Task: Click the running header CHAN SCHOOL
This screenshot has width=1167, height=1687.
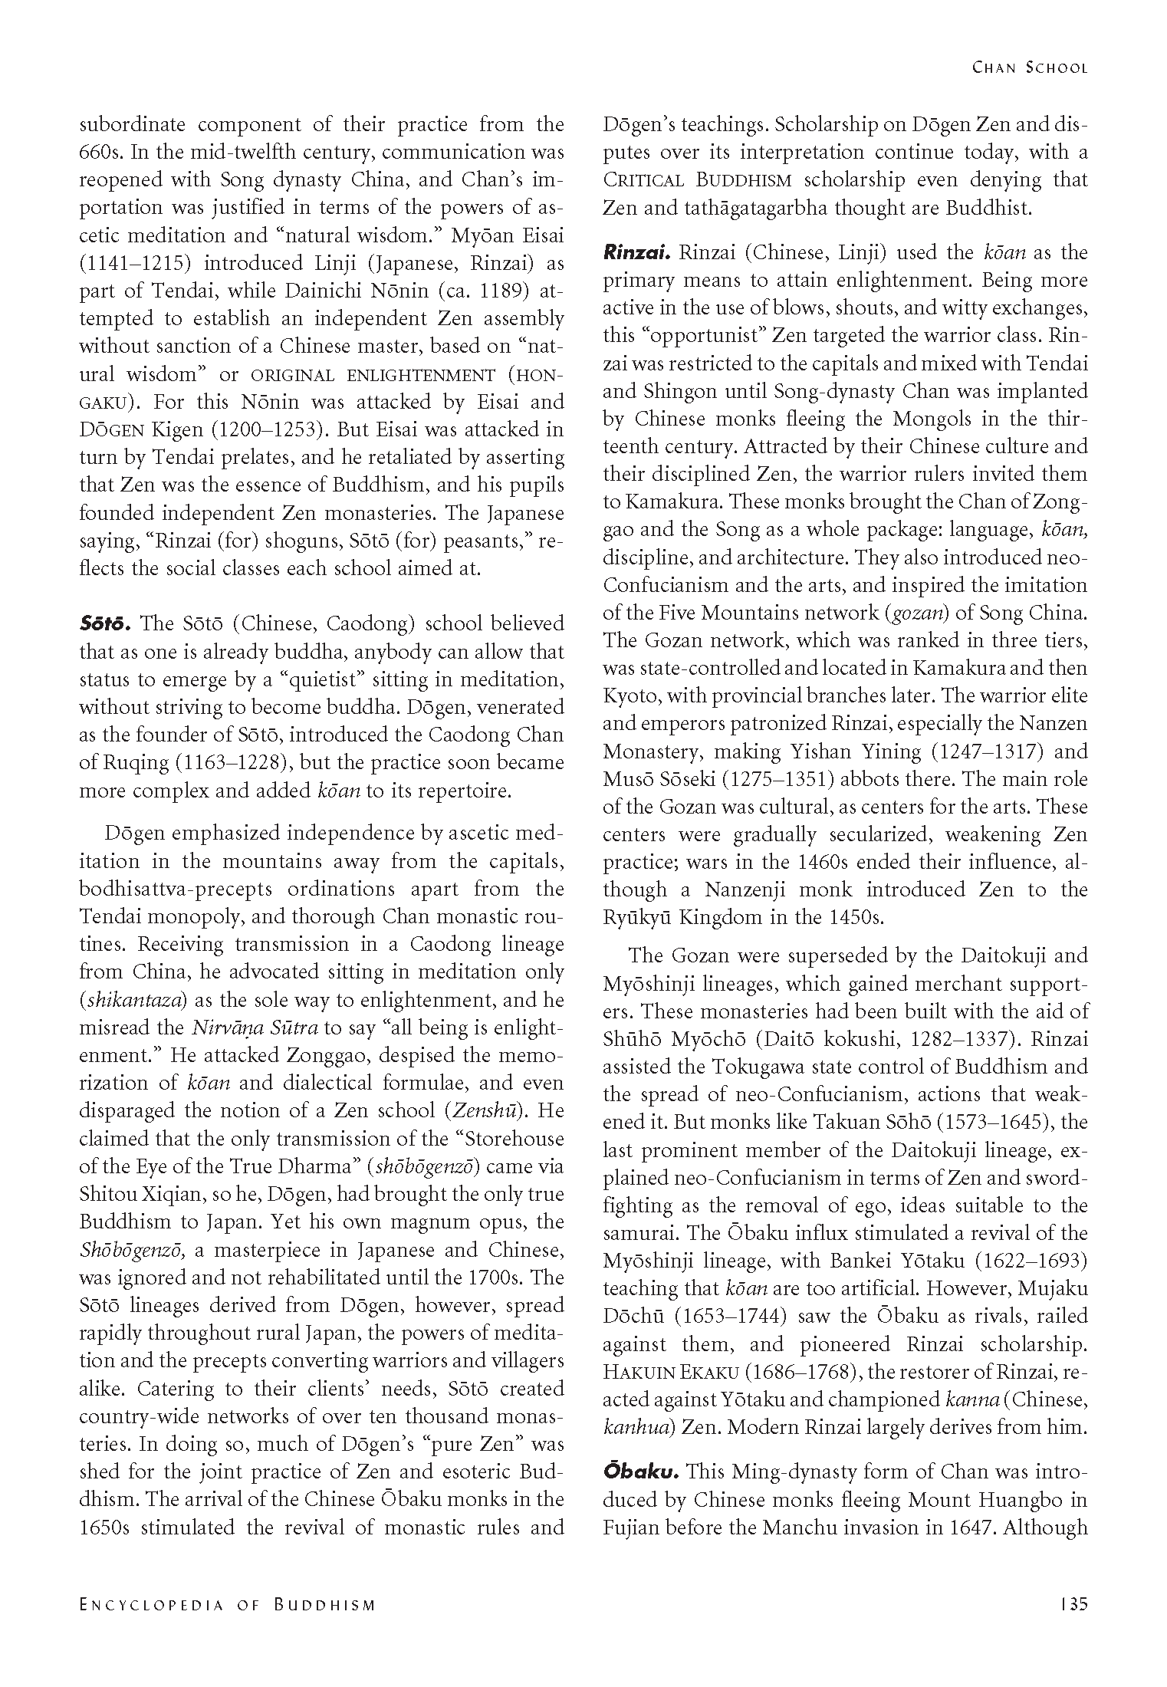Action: pyautogui.click(x=1029, y=67)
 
